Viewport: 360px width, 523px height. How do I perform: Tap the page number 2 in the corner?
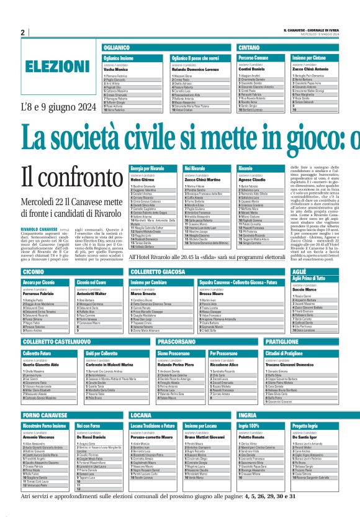(x=22, y=32)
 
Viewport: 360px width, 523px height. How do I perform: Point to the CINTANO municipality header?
(x=250, y=47)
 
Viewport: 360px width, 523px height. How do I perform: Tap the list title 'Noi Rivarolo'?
(x=195, y=168)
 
